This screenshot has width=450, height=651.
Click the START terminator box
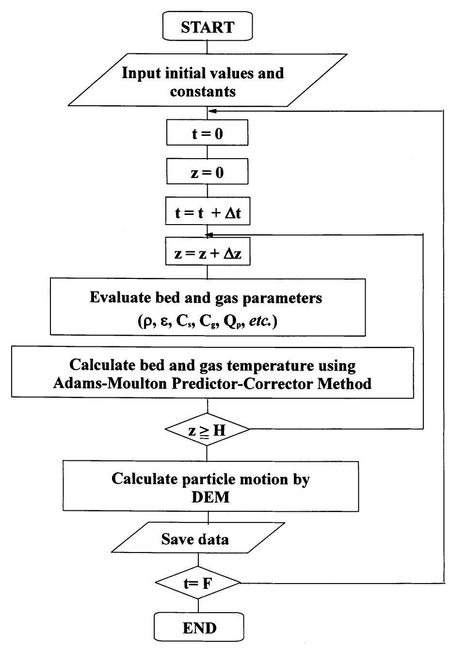[207, 28]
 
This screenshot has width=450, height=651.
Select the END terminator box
[199, 628]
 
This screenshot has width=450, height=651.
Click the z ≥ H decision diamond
[207, 429]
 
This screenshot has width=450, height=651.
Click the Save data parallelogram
[195, 539]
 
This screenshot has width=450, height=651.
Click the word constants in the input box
[203, 91]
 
